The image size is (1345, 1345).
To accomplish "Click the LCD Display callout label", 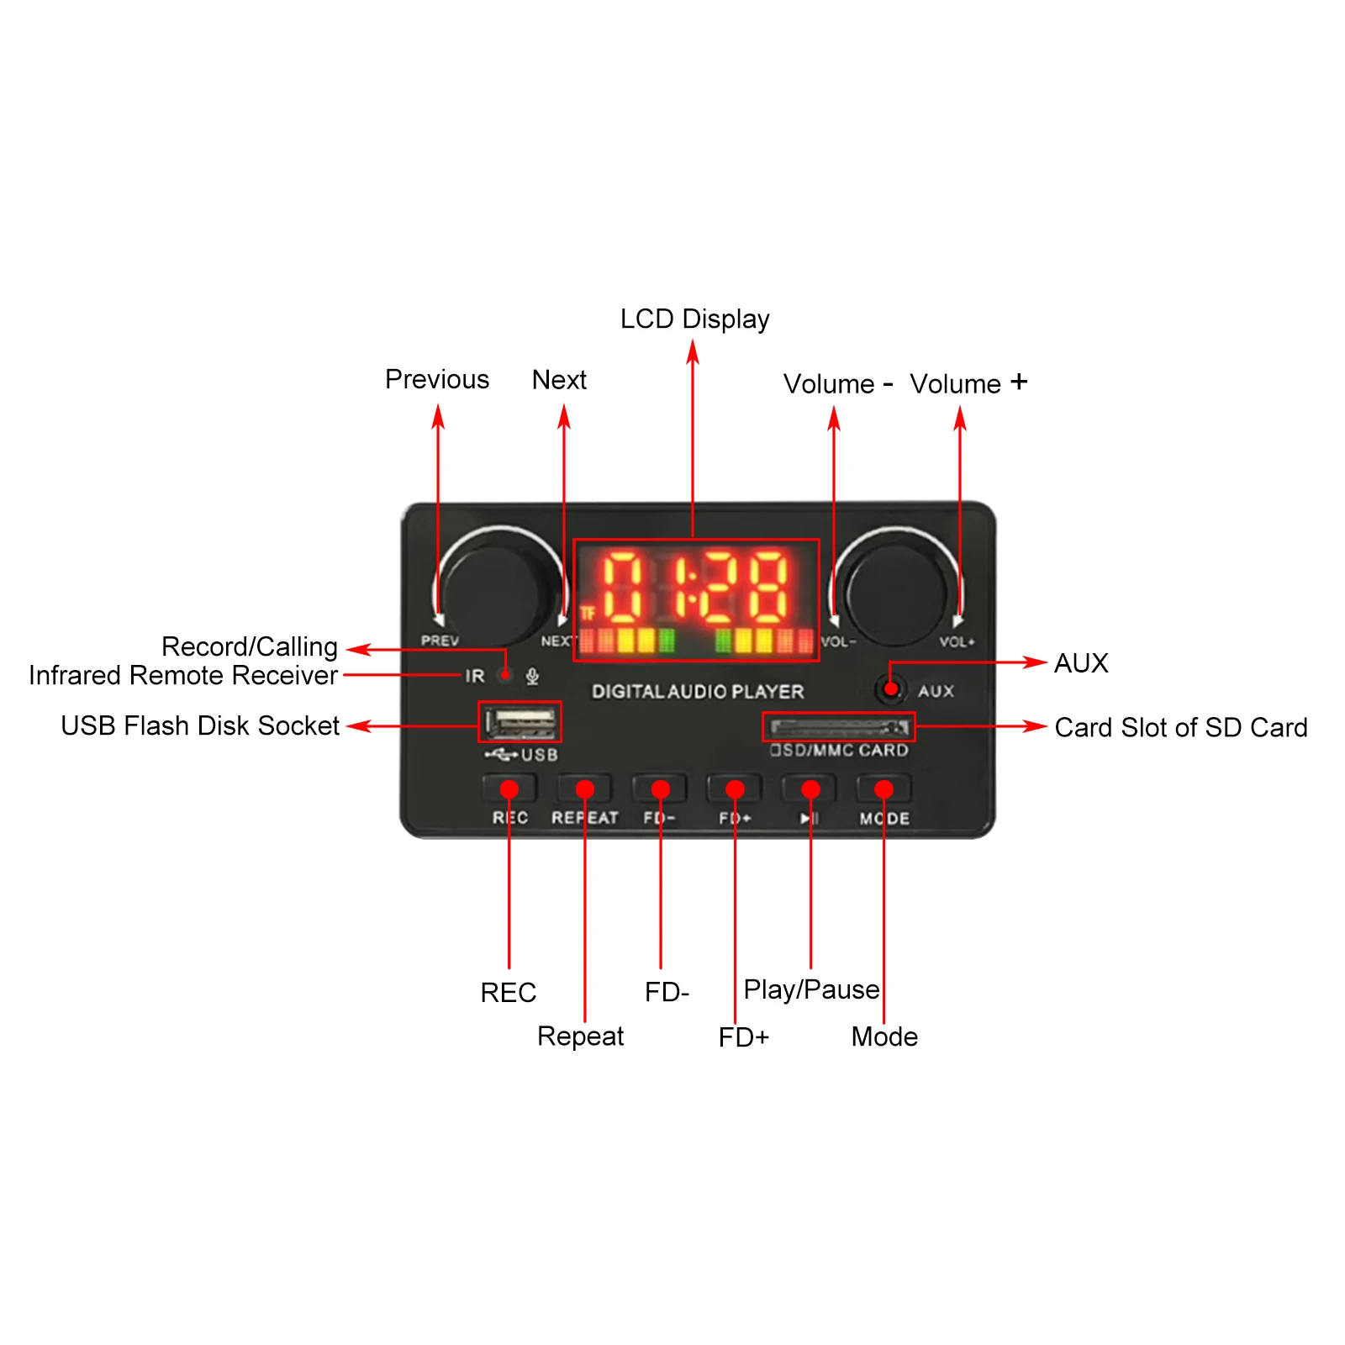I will [x=694, y=319].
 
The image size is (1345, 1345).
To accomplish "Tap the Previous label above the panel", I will [x=437, y=380].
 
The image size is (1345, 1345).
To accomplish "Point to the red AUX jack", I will [x=891, y=690].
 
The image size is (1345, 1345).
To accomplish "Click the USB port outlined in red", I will [x=520, y=722].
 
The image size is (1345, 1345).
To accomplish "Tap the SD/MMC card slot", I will [x=838, y=726].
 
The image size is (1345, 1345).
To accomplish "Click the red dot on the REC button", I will [x=509, y=789].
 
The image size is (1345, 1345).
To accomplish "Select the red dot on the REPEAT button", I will [x=585, y=789].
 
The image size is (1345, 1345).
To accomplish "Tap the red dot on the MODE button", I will [x=883, y=789].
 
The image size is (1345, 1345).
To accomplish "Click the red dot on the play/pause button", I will [x=810, y=789].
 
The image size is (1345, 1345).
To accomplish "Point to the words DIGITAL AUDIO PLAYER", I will [x=698, y=692].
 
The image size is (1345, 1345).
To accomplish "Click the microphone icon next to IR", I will [x=532, y=677].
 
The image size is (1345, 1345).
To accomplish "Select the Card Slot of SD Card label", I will [x=1181, y=727].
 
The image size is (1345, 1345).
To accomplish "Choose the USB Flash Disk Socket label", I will [x=200, y=725].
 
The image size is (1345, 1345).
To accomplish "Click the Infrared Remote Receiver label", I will [x=183, y=675].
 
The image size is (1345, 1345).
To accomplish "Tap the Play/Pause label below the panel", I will [x=811, y=989].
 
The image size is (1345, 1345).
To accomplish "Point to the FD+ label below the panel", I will [x=744, y=1037].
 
